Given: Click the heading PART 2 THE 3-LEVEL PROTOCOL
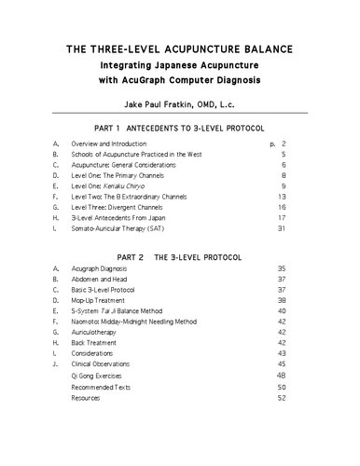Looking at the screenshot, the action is (x=180, y=255).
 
